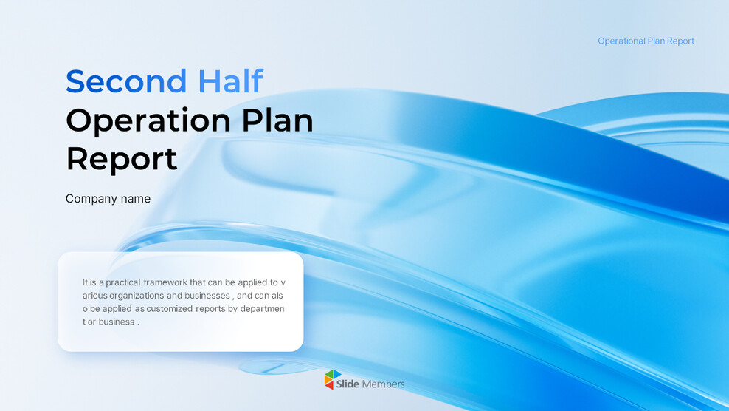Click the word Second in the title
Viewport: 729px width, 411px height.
126,81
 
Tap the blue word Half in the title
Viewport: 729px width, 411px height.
230,81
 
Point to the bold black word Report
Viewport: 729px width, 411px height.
122,159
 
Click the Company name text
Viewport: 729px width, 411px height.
108,199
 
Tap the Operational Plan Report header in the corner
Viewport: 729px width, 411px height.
646,41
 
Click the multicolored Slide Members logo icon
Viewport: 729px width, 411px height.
334,379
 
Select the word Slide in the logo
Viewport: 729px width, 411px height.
348,384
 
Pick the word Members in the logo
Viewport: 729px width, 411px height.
383,384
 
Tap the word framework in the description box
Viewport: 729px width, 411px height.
176,282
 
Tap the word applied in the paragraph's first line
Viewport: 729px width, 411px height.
249,282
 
